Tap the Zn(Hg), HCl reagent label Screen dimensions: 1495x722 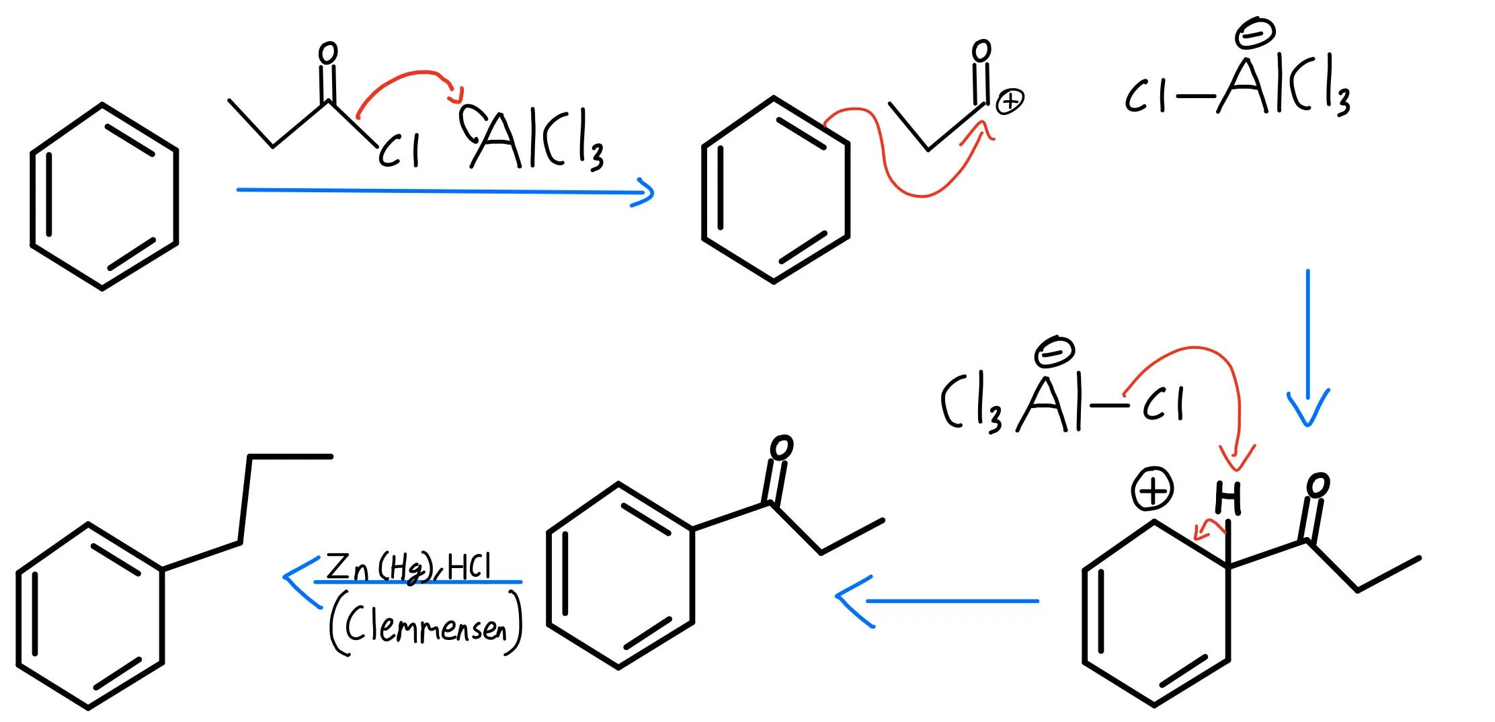coord(408,567)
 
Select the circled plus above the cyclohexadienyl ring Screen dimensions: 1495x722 coord(1153,490)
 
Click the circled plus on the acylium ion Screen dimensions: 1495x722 coord(1009,102)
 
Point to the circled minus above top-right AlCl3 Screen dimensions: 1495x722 coord(1254,34)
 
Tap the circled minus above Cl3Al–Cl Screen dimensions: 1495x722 coord(1055,352)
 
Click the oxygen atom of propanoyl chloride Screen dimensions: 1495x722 coord(327,53)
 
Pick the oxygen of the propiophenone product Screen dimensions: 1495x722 coord(781,448)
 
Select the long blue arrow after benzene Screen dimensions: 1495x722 coord(444,192)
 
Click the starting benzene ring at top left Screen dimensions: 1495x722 coord(104,196)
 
